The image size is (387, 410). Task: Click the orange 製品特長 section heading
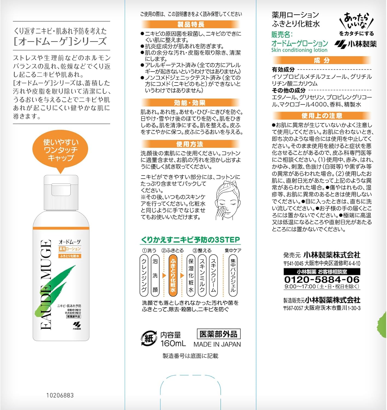pos(191,24)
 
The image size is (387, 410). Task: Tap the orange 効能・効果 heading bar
pos(191,103)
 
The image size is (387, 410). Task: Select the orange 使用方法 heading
pos(191,144)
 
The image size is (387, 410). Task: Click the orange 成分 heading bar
pos(322,60)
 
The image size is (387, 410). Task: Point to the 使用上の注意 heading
pos(322,116)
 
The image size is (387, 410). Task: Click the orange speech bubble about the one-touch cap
pos(60,150)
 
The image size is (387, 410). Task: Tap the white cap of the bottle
pos(61,193)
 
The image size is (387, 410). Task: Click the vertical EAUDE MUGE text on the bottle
pos(46,284)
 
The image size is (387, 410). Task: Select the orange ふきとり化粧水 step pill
pos(173,276)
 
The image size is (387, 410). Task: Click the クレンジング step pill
pos(144,276)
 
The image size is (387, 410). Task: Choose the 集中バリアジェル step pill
pos(233,276)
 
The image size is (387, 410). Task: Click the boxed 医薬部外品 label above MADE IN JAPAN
pos(219,334)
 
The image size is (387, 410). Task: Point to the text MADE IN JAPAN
pos(217,344)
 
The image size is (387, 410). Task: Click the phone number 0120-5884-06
pos(322,279)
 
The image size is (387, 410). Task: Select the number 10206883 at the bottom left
pos(60,395)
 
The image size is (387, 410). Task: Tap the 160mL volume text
pos(173,344)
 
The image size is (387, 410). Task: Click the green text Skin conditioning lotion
pos(299,50)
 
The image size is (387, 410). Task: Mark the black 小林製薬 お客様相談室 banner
pos(322,272)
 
